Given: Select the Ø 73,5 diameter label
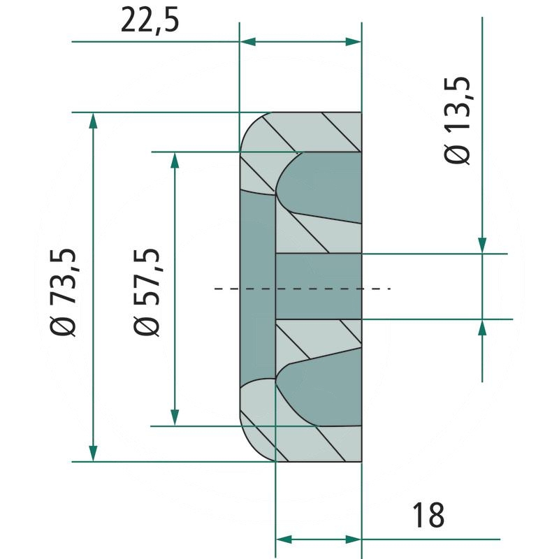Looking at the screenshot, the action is [x=64, y=292].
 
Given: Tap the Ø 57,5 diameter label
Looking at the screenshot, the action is [x=147, y=292].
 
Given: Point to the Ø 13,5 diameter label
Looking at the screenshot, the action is [x=457, y=120].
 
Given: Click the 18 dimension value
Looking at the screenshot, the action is [x=428, y=515].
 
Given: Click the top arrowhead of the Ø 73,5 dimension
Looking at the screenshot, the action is [x=93, y=120].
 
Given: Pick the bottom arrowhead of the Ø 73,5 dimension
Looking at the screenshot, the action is [x=93, y=453].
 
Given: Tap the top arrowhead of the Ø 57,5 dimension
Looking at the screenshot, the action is [x=175, y=160].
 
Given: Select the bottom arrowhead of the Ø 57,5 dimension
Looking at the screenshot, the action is [x=175, y=417].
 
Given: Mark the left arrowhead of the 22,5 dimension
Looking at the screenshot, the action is [x=248, y=42].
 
